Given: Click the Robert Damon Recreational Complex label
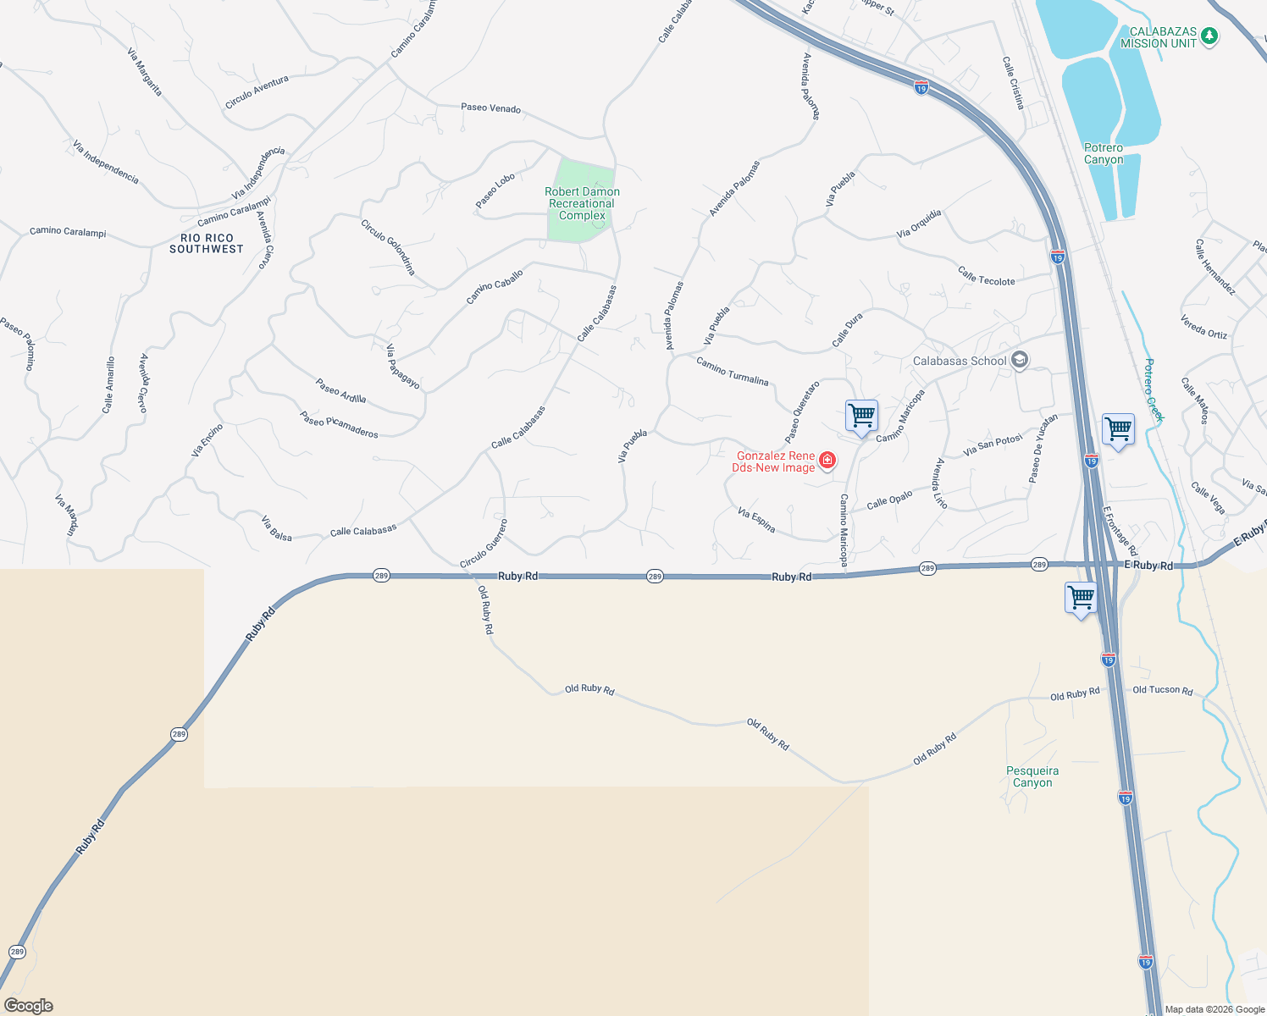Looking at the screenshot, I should pyautogui.click(x=582, y=204).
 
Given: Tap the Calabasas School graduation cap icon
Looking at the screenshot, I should pyautogui.click(x=1020, y=361).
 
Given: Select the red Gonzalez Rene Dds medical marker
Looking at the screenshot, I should pyautogui.click(x=827, y=461).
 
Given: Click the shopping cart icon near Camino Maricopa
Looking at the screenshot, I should pyautogui.click(x=861, y=417).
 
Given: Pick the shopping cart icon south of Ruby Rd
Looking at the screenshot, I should pyautogui.click(x=1081, y=598).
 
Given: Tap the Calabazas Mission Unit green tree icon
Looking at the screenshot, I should pyautogui.click(x=1210, y=36).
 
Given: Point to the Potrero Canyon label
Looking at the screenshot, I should pyautogui.click(x=1104, y=153).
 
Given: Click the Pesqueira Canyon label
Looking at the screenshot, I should pyautogui.click(x=1032, y=776).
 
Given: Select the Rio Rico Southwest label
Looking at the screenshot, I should pyautogui.click(x=207, y=244).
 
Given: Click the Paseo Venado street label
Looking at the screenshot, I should pyautogui.click(x=490, y=108).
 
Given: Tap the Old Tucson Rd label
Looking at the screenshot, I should pyautogui.click(x=1163, y=690).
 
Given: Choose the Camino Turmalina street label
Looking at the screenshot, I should pyautogui.click(x=733, y=372).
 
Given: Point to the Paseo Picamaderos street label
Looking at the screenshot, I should pyautogui.click(x=339, y=424).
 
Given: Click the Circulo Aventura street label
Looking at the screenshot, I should pyautogui.click(x=257, y=92).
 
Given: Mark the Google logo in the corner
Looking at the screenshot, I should pyautogui.click(x=29, y=1006).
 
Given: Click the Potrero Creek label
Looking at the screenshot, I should pyautogui.click(x=1154, y=389).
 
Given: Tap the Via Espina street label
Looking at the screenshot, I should pyautogui.click(x=756, y=520).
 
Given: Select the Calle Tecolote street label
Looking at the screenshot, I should pyautogui.click(x=987, y=276).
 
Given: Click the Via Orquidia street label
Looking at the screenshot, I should pyautogui.click(x=919, y=224).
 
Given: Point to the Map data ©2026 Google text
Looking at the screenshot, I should pyautogui.click(x=1214, y=1009).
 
